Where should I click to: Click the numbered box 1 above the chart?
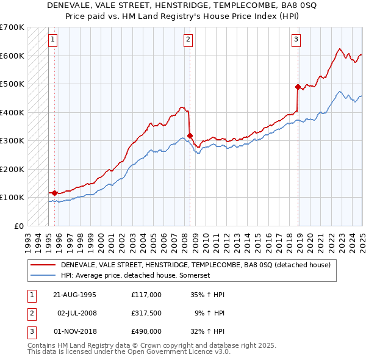54,40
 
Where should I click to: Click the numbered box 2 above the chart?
188,40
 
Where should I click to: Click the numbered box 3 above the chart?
296,40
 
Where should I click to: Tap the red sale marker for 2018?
298,87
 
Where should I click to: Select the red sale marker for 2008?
190,135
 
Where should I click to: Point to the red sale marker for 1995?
55,193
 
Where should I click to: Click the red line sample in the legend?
43,265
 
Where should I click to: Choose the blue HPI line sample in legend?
43,276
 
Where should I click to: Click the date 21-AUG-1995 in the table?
74,295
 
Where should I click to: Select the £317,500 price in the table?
146,313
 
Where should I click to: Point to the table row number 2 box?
30,313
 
